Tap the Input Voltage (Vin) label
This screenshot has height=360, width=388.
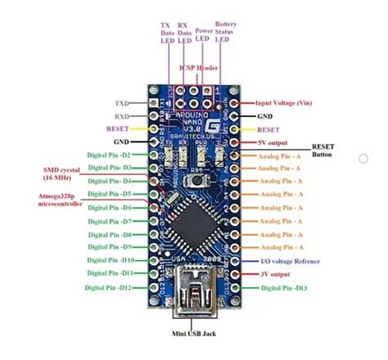[287, 105]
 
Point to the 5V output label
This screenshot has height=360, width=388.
[277, 142]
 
